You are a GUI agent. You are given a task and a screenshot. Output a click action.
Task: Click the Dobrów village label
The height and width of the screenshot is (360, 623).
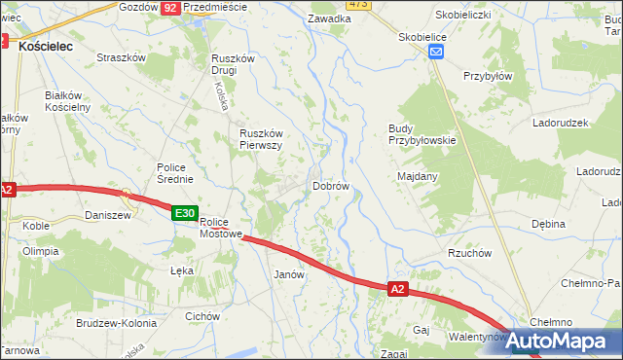click(x=330, y=185)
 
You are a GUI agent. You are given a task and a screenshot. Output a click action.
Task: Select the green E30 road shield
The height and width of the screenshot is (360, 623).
click(x=186, y=213)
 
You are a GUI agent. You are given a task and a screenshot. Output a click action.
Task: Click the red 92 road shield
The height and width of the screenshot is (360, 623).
click(x=170, y=7)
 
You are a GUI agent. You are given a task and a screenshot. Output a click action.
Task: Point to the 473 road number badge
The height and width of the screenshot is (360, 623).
click(x=357, y=4)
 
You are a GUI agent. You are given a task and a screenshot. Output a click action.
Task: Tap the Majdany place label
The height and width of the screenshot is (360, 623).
click(x=418, y=176)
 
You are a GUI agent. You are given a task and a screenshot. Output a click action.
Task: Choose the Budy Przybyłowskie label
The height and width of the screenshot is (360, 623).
click(x=421, y=133)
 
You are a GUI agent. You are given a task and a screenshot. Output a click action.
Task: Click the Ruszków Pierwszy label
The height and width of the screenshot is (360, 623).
click(x=261, y=139)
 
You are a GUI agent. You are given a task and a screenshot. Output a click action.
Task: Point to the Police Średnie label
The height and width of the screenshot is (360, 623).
click(x=176, y=172)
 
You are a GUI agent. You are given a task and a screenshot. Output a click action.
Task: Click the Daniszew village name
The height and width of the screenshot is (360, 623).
click(x=108, y=215)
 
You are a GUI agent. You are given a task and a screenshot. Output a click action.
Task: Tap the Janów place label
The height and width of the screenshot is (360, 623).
click(x=290, y=274)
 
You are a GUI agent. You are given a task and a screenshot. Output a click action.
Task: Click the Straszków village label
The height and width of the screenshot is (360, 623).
click(x=121, y=57)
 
